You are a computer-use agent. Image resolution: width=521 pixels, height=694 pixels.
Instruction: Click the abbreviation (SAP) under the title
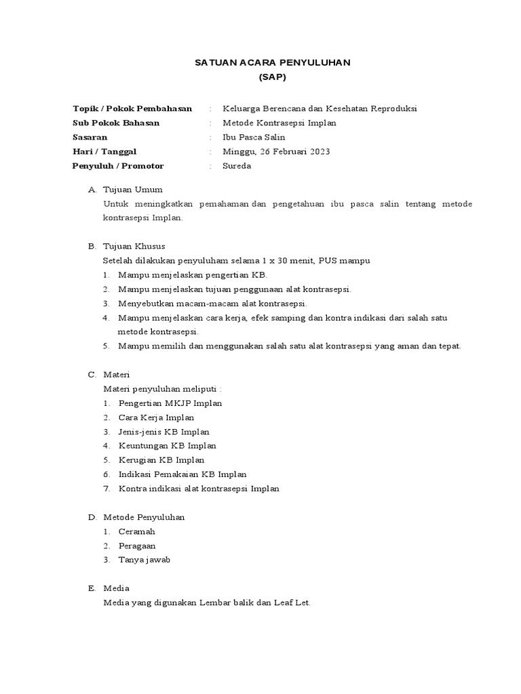pos(273,77)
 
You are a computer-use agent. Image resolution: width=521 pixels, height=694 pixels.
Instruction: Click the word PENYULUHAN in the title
pos(316,62)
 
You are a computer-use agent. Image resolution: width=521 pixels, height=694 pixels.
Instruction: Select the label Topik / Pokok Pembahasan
pos(132,108)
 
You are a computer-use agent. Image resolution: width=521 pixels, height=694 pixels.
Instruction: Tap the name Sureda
pos(237,166)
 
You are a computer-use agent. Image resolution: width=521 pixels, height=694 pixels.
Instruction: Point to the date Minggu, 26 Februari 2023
pos(276,151)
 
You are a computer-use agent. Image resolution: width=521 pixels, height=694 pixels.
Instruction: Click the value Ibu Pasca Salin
pos(254,137)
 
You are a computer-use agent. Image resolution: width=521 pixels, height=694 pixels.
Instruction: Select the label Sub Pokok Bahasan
pos(116,123)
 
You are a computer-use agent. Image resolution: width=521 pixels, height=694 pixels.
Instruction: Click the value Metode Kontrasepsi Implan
pos(279,123)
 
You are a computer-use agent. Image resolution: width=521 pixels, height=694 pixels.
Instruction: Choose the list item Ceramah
pos(137,531)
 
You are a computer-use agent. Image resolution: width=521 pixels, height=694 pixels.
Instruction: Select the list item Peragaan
pos(137,546)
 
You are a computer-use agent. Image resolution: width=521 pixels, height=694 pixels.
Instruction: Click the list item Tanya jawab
pos(144,560)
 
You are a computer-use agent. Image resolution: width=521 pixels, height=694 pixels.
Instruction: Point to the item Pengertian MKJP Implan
pos(170,403)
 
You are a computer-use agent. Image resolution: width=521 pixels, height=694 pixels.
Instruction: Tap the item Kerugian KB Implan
pos(161,460)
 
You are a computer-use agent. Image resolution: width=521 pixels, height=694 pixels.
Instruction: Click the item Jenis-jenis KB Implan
pos(163,432)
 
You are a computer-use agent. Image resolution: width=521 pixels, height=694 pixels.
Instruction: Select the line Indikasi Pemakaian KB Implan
pos(182,474)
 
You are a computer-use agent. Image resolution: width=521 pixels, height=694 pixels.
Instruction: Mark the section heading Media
pos(116,588)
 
